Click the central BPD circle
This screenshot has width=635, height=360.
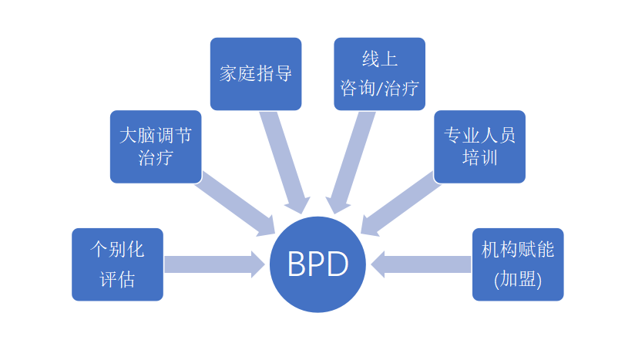click(317, 264)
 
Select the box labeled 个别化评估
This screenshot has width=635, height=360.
click(117, 264)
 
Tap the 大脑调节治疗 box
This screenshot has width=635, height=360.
click(155, 146)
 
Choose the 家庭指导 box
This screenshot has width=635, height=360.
click(255, 73)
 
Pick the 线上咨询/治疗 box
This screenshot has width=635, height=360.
click(379, 73)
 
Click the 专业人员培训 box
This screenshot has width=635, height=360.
click(479, 146)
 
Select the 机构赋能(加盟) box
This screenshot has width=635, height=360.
click(517, 264)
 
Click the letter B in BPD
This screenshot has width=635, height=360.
click(297, 265)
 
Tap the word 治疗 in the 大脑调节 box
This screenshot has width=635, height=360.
click(155, 158)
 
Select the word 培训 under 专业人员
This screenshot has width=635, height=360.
click(479, 158)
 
